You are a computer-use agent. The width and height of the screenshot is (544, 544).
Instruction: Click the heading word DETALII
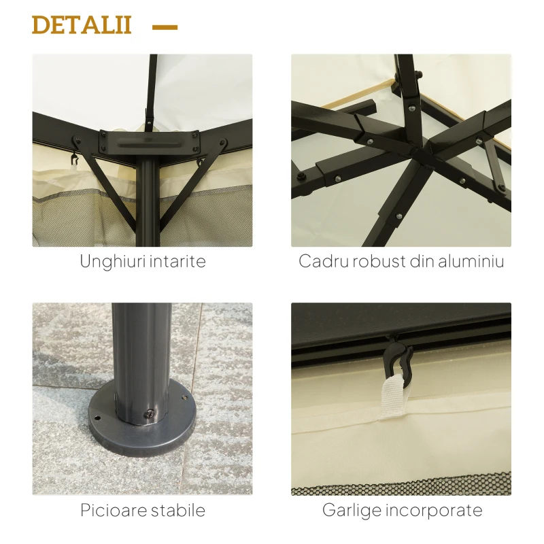click(x=81, y=25)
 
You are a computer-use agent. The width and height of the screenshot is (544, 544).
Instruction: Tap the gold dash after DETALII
click(x=165, y=27)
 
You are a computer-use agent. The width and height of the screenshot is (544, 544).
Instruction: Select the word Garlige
click(x=351, y=510)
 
